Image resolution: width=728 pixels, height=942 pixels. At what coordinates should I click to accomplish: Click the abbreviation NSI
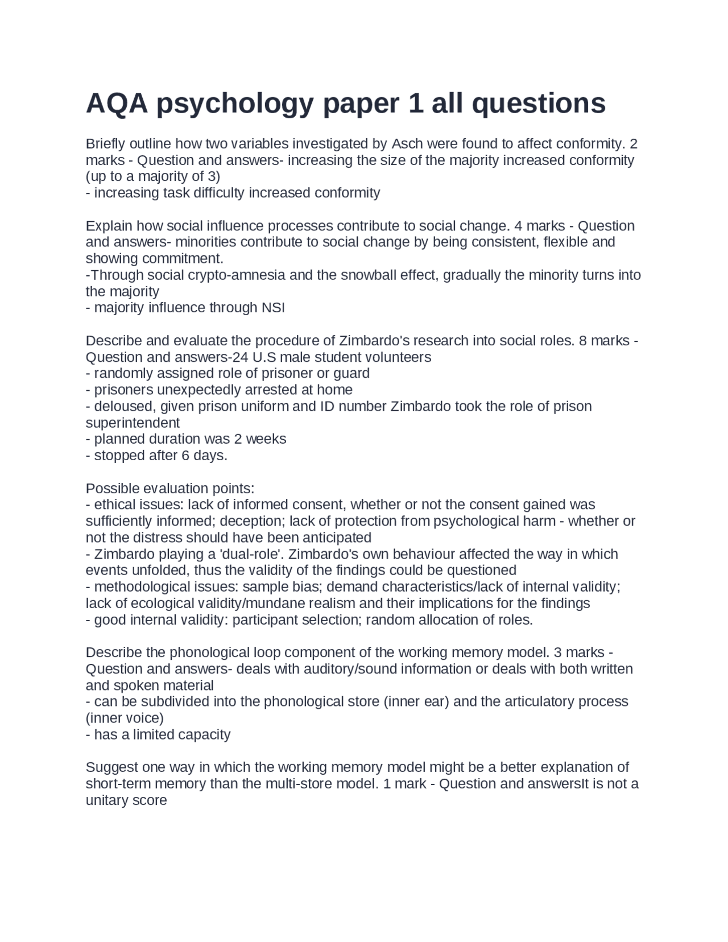[272, 308]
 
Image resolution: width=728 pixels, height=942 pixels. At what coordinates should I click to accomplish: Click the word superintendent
[133, 423]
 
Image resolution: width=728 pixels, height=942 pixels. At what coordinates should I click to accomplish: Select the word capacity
[205, 734]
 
